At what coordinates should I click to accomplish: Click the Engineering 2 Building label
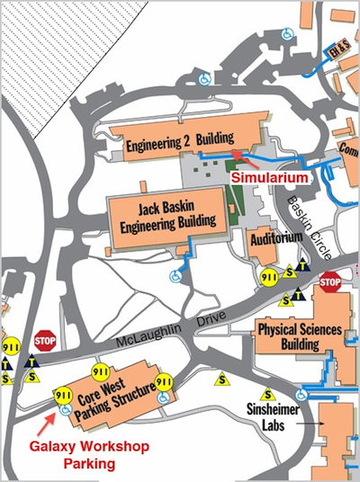coord(179,140)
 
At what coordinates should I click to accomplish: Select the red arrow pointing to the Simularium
coord(246,161)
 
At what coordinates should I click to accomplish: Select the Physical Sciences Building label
coord(300,337)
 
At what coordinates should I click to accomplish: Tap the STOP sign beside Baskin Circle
coord(330,281)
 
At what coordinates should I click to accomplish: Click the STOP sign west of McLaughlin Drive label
coord(44,341)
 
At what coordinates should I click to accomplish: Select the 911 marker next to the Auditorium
coord(267,278)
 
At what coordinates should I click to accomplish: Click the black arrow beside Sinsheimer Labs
coord(311,419)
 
